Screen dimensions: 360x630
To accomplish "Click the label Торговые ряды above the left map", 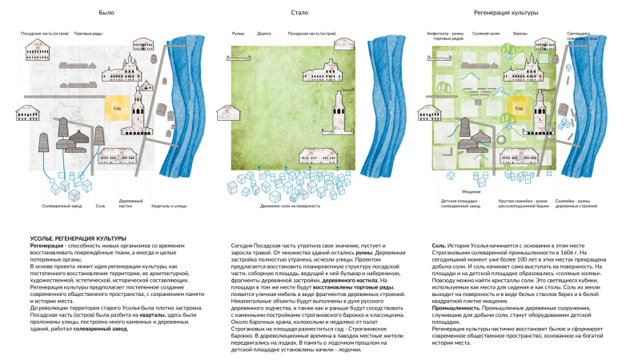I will (x=87, y=34).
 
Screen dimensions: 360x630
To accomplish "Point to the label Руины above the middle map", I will (x=239, y=34).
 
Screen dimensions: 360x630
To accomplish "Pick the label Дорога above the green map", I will (x=263, y=34).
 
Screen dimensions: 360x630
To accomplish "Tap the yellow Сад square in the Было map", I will (x=117, y=106).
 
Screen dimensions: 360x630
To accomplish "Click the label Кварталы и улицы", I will (x=167, y=206).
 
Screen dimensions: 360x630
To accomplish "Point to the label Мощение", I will (x=449, y=192).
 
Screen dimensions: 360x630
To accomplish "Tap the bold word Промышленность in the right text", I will (x=457, y=286).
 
